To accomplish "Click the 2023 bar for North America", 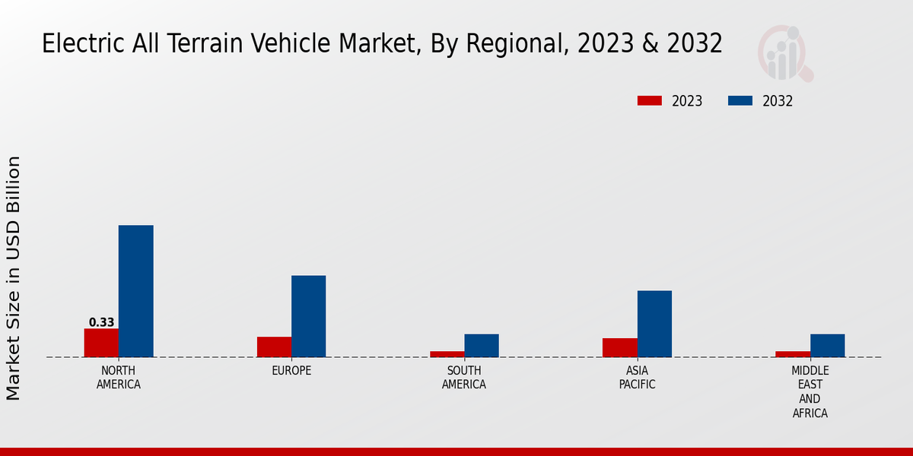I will click(101, 343).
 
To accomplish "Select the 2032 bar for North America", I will click(135, 291).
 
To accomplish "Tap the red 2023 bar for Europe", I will click(274, 347).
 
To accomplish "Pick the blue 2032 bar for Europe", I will click(308, 316).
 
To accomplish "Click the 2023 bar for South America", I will click(447, 354).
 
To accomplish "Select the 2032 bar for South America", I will click(482, 346).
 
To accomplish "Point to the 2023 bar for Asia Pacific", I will click(619, 347).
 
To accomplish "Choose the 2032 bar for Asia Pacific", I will click(654, 324).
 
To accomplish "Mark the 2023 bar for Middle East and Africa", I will click(793, 354).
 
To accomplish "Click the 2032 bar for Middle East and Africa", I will click(827, 346).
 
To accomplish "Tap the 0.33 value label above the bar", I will click(101, 322).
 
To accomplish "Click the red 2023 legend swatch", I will click(650, 101).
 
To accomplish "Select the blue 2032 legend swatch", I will click(740, 101).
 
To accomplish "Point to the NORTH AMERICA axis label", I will click(119, 378).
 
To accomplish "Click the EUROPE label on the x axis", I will click(291, 371).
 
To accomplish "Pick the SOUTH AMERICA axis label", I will click(464, 378).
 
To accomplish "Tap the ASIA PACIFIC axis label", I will click(637, 378).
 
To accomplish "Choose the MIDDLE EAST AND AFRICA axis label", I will click(810, 392).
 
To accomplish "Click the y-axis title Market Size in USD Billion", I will click(14, 278).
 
